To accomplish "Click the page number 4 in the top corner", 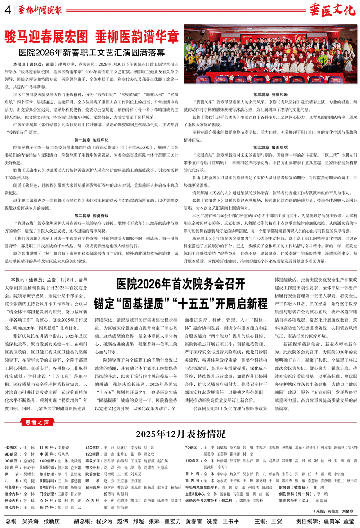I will (7, 9).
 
